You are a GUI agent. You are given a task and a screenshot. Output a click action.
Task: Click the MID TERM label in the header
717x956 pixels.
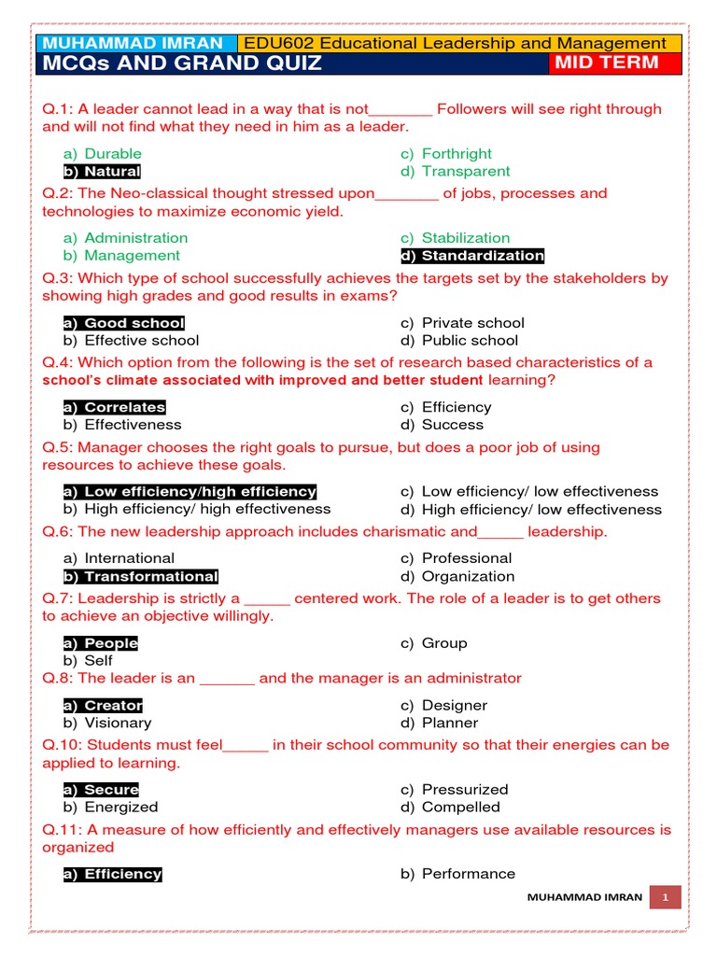coord(607,63)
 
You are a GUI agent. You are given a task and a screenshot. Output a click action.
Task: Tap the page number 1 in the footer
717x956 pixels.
coord(667,896)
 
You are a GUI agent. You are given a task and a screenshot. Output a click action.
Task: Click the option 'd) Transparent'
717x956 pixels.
coord(455,172)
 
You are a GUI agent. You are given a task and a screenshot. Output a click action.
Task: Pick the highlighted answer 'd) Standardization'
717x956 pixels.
coord(471,256)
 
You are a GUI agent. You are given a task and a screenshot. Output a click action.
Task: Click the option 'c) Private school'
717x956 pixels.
coord(462,323)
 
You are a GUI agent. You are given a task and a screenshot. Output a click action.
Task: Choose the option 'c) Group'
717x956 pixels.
coord(433,643)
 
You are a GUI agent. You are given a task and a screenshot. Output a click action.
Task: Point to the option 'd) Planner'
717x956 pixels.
coord(439,723)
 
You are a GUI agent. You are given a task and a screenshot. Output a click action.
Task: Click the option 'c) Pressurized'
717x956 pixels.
coord(454,790)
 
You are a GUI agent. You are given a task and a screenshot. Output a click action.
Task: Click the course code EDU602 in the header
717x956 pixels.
coord(274,44)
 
